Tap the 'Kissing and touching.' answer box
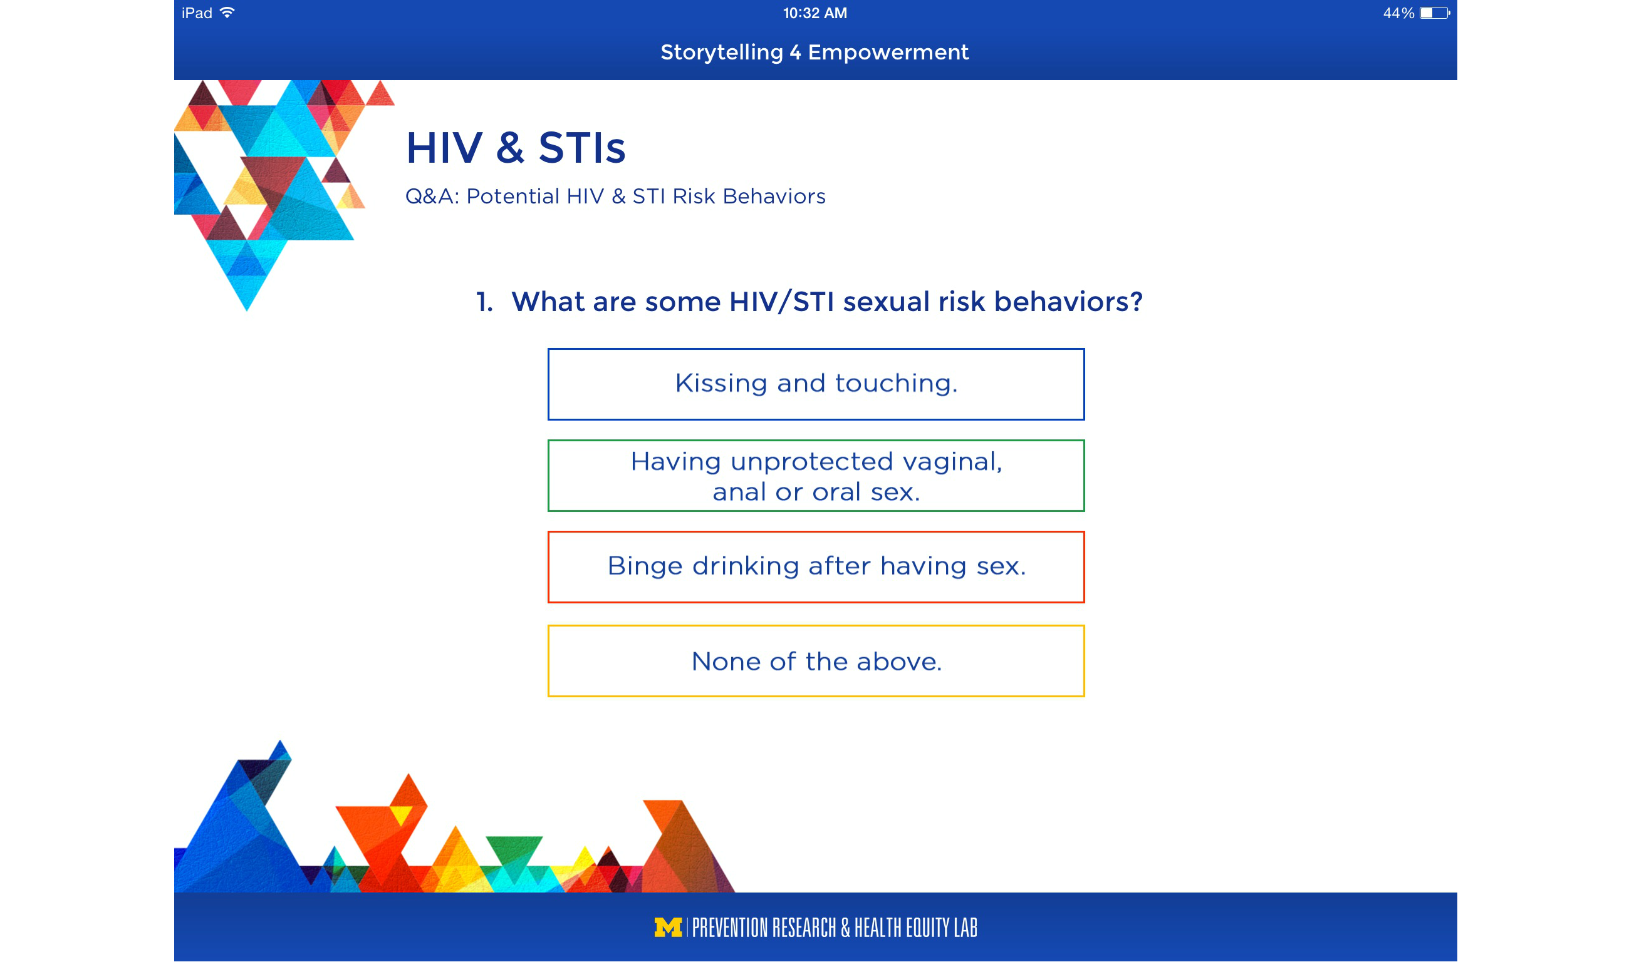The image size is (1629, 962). (x=816, y=384)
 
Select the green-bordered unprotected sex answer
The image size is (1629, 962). (x=816, y=476)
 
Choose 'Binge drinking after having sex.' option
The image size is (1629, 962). (x=816, y=567)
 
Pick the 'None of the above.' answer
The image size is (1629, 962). (x=816, y=661)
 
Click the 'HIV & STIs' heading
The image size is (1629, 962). (x=516, y=148)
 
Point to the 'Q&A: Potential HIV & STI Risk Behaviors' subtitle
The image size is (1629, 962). (x=615, y=197)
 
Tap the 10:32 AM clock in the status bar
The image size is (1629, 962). (x=815, y=13)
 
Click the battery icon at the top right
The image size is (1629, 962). (x=1434, y=13)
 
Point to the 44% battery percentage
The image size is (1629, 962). (x=1398, y=13)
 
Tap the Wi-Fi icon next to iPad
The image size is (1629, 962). (x=227, y=13)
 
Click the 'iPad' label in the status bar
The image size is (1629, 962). (x=197, y=13)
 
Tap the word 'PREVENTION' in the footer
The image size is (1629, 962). (x=731, y=928)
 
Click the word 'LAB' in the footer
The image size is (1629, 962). (x=965, y=928)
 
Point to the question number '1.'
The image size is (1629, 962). (x=484, y=302)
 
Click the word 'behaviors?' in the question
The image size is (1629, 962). (x=1068, y=302)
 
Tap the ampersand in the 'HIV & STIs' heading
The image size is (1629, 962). (x=510, y=148)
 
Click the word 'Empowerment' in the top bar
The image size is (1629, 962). (x=888, y=52)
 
